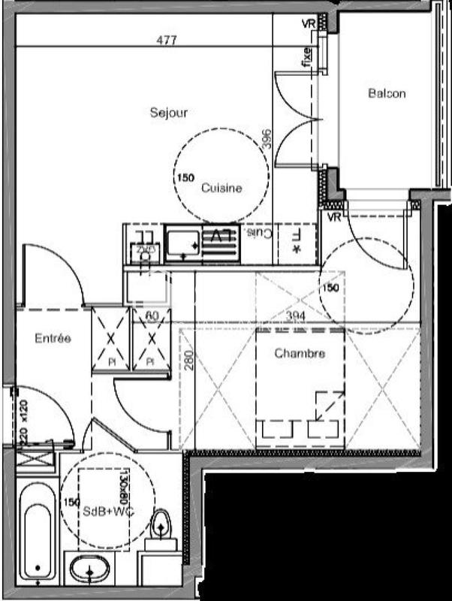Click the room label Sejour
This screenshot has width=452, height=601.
(168, 113)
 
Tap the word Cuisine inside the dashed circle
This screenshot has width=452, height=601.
(221, 189)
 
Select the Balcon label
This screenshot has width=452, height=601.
(387, 94)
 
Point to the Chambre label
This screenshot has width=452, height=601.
(299, 354)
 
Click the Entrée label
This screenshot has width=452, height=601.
(53, 339)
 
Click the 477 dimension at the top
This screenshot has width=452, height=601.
(167, 41)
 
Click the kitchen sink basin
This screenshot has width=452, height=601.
(181, 243)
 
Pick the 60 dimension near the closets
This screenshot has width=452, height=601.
(150, 317)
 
